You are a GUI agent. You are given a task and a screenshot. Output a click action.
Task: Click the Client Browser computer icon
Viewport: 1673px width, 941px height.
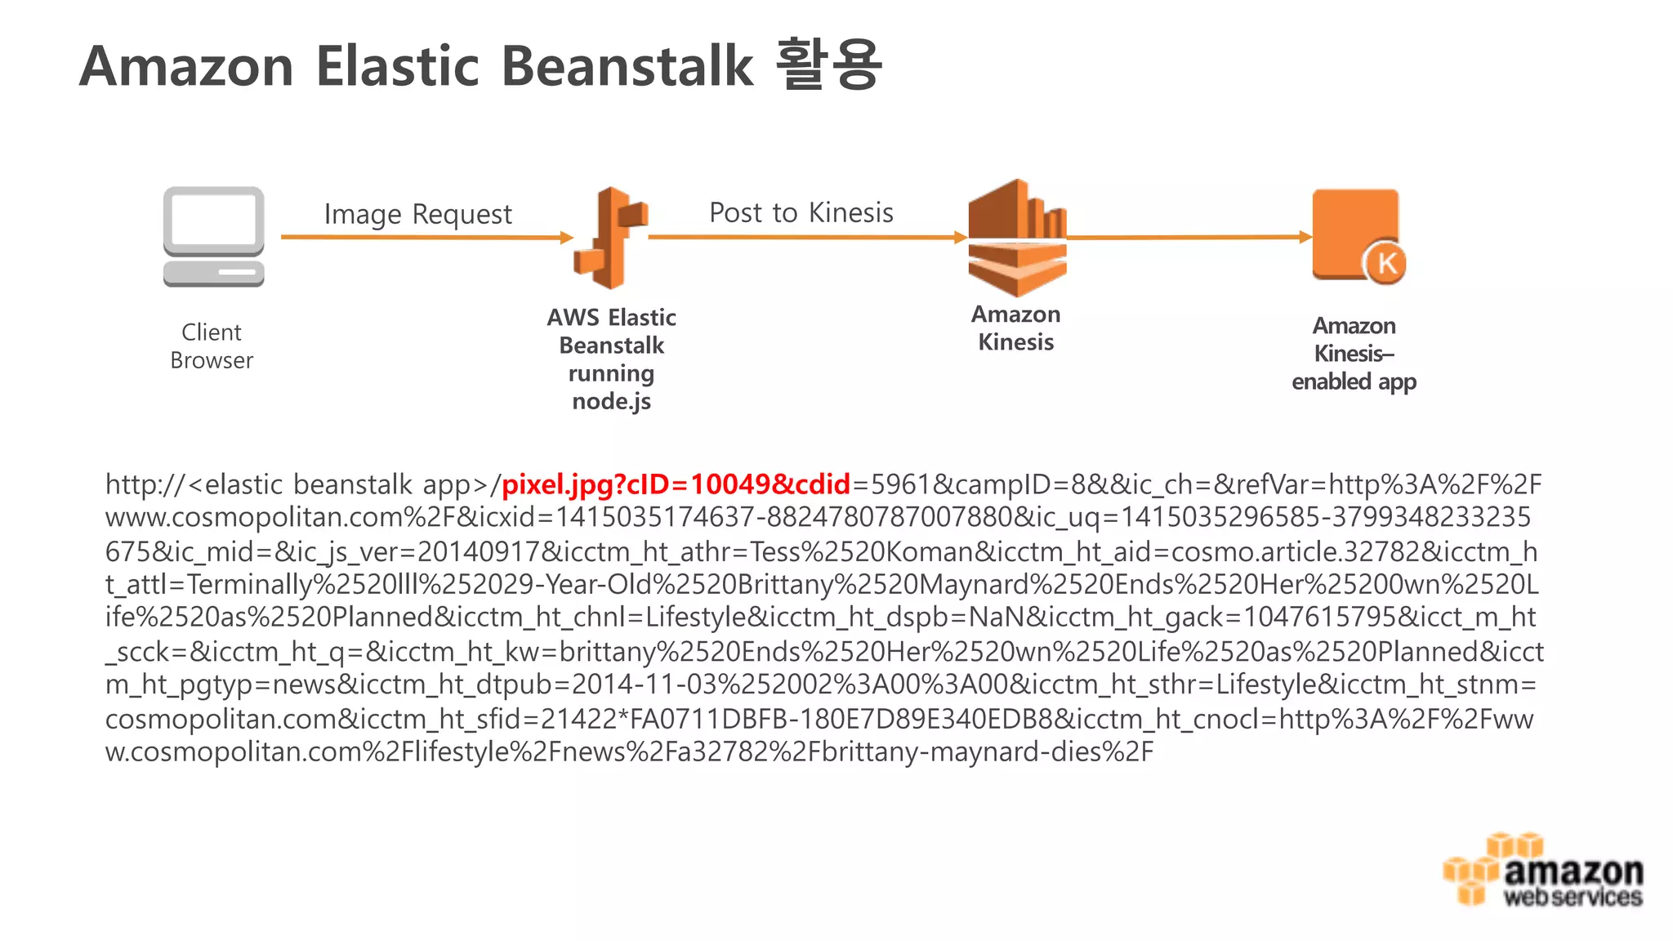tap(213, 236)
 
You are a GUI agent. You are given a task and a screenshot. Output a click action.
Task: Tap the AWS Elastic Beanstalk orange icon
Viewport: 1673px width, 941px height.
tap(611, 238)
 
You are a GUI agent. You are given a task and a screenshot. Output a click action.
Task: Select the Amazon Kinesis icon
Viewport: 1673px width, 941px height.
tap(1017, 238)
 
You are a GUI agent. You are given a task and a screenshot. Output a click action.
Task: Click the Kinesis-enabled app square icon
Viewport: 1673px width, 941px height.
tap(1354, 234)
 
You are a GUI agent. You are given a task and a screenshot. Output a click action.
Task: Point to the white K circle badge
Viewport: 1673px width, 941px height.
tap(1385, 263)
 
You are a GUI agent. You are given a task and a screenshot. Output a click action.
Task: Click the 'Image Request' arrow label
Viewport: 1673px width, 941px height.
tap(417, 214)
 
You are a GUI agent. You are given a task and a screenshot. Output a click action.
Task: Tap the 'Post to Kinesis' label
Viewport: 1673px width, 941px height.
tap(801, 212)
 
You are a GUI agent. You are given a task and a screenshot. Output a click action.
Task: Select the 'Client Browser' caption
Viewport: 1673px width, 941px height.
tap(212, 346)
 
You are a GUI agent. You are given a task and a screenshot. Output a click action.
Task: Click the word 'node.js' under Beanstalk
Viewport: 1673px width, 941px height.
tap(611, 401)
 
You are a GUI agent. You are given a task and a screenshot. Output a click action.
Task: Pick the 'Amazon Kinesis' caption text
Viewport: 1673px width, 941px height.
tap(1015, 328)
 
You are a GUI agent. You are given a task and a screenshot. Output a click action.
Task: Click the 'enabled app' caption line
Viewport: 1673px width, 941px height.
tap(1354, 381)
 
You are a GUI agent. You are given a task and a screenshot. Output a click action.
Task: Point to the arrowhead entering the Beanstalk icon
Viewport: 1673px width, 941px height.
tap(567, 238)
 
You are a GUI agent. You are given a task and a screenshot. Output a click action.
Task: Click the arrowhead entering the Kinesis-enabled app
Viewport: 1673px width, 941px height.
tap(1305, 237)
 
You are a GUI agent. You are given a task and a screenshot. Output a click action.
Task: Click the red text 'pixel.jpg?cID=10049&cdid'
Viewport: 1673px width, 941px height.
tap(676, 484)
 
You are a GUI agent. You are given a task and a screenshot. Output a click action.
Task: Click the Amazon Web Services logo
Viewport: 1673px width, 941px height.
tap(1543, 871)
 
